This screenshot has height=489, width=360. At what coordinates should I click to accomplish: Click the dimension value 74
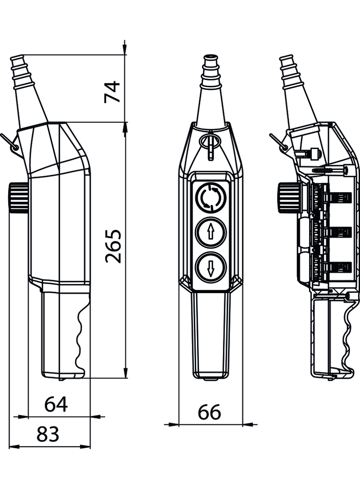112,91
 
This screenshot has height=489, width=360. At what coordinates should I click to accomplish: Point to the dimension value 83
48,434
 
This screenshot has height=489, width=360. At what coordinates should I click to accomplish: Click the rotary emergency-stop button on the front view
211,198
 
